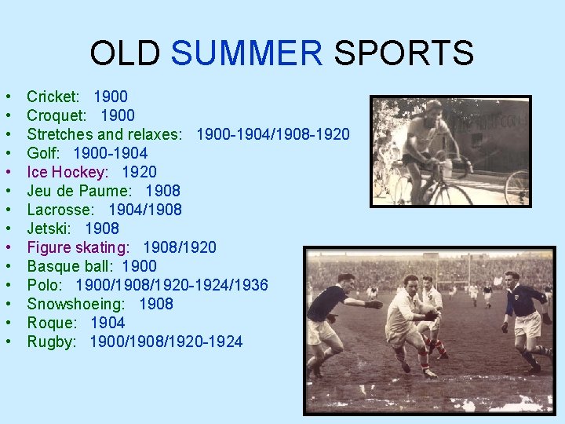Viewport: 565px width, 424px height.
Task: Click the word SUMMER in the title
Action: [x=246, y=53]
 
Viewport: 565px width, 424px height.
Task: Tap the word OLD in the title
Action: [x=125, y=53]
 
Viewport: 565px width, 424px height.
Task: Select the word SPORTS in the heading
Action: [x=403, y=53]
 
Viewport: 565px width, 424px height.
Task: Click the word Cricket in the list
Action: [x=51, y=97]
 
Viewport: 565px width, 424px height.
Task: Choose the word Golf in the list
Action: [x=43, y=153]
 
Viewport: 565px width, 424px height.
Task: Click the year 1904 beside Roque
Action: [x=108, y=323]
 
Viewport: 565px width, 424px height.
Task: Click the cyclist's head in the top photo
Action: [x=432, y=108]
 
